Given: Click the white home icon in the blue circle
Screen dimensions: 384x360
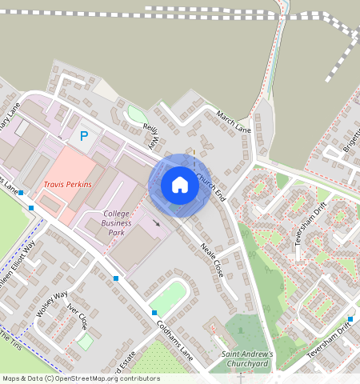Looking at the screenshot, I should coord(180,185).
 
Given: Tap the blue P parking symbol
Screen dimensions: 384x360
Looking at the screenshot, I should coord(83,137).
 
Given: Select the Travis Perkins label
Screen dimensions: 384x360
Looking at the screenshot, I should coord(67,184).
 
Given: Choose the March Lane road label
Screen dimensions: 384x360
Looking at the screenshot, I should coord(234,122).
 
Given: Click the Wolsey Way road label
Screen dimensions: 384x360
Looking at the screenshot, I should coord(51,305).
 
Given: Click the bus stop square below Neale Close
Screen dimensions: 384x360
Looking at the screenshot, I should coord(154,313).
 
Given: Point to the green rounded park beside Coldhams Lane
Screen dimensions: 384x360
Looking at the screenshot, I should coord(169,298).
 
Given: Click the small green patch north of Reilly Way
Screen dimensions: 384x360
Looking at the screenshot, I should coord(137,114).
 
